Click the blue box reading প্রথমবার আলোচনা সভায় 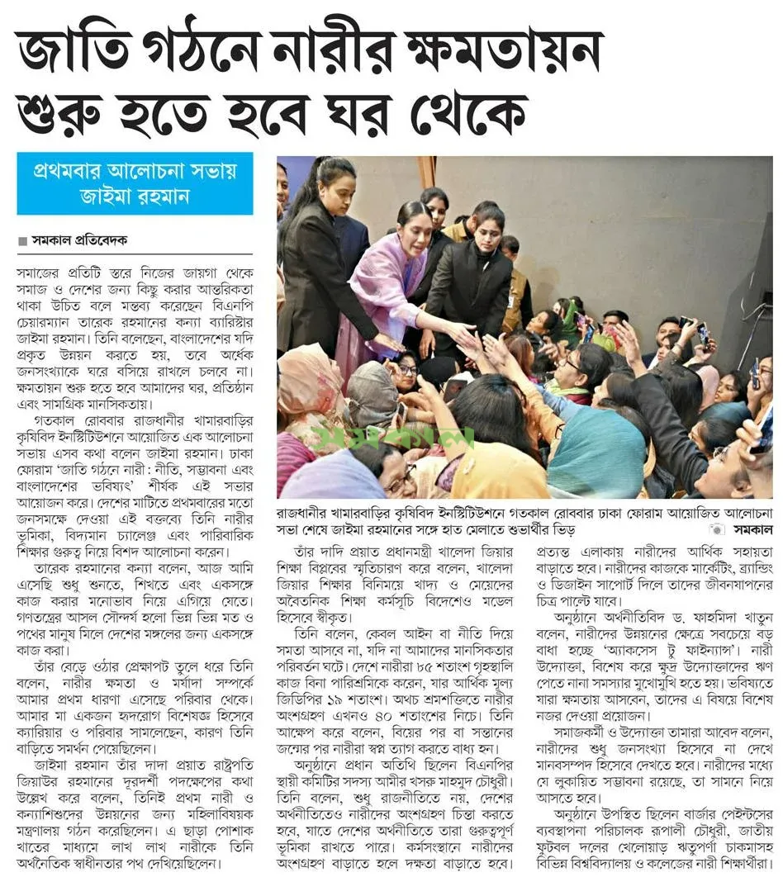(135, 172)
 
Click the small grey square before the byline (22, 241)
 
